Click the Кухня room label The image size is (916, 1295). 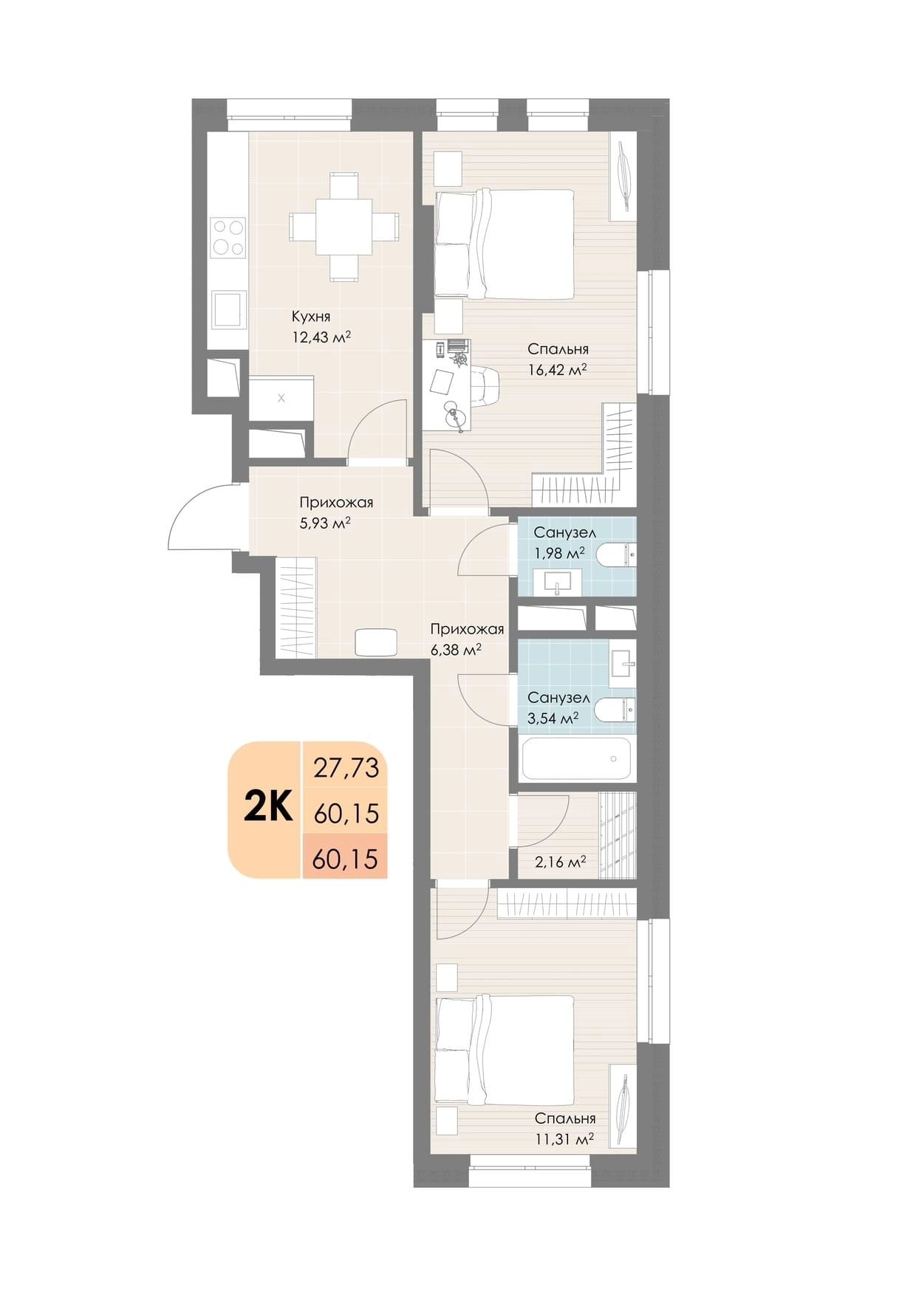coord(311,317)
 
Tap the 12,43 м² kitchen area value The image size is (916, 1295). coord(321,337)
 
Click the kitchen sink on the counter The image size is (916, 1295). coord(228,309)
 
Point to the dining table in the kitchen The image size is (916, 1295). coord(344,226)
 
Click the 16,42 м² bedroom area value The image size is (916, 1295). coord(558,369)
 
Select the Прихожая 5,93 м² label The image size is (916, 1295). coord(336,512)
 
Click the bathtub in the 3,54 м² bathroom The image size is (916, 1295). coord(576,758)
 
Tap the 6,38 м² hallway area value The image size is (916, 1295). coord(456,650)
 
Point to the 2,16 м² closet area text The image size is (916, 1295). coord(561,861)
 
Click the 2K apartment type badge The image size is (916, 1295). coord(268,809)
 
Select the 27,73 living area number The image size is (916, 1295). coord(346,768)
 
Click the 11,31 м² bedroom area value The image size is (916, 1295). coord(565,1138)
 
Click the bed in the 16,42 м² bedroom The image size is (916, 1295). coord(505,244)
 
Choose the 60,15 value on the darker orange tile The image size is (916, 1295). coord(345,859)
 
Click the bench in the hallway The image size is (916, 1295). coord(376,642)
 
